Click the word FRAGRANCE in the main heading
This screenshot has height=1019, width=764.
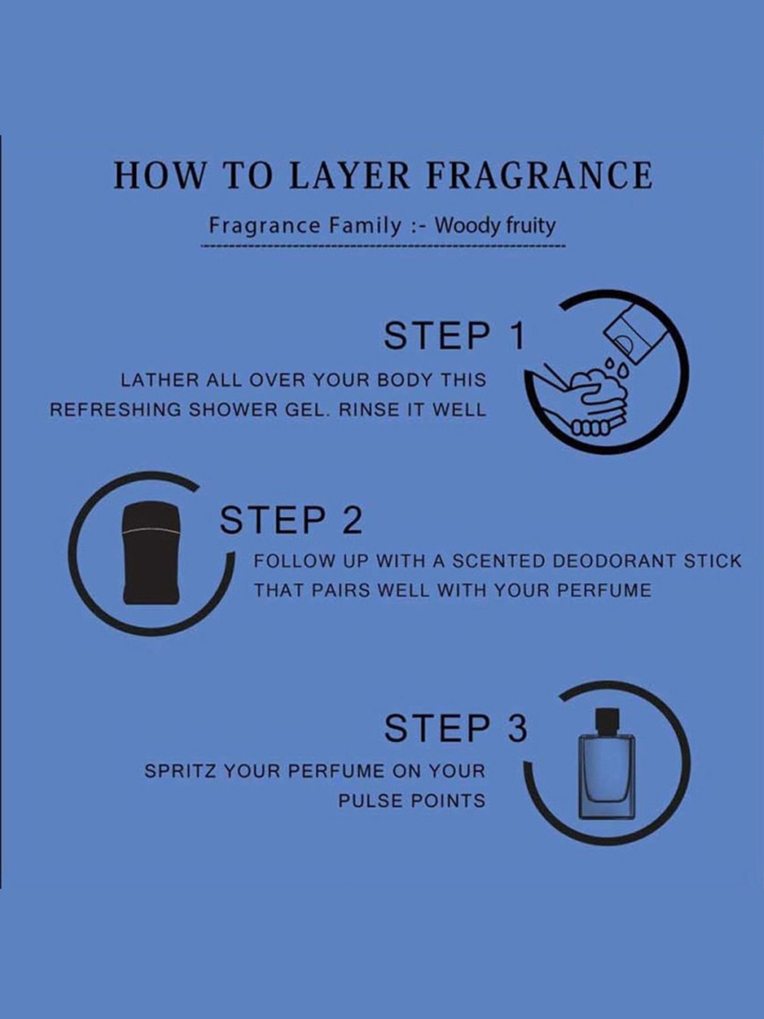point(539,175)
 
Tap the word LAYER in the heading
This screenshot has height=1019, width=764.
point(349,175)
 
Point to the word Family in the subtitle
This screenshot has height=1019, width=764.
point(365,226)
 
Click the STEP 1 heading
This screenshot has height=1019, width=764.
point(454,335)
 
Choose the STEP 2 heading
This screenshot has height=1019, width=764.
point(291,520)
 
